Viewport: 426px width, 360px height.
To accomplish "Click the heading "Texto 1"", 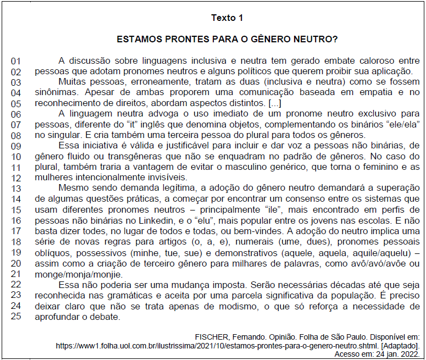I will pos(227,18).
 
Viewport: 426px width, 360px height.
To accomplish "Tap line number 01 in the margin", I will pos(16,61).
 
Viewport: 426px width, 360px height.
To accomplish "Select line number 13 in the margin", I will pos(16,189).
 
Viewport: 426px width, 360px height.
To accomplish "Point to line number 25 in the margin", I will pos(16,317).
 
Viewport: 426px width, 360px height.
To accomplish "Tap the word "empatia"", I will pos(376,93).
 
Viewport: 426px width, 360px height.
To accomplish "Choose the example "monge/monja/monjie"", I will pos(73,274).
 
